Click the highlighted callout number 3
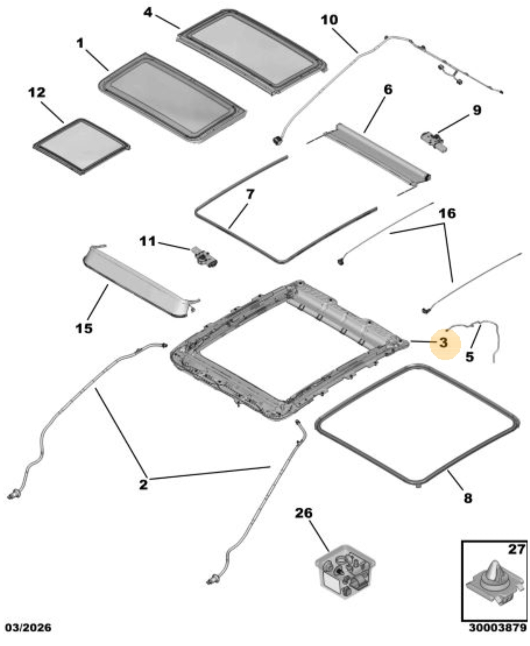pyautogui.click(x=443, y=343)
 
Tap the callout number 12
pyautogui.click(x=37, y=93)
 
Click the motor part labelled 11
pyautogui.click(x=204, y=257)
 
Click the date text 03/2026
pyautogui.click(x=28, y=628)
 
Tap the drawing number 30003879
pyautogui.click(x=498, y=628)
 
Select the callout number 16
pyautogui.click(x=447, y=214)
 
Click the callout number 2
pyautogui.click(x=143, y=484)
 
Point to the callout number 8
pyautogui.click(x=468, y=498)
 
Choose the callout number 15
pyautogui.click(x=84, y=328)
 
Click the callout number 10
pyautogui.click(x=329, y=20)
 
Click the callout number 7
pyautogui.click(x=250, y=194)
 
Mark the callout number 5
pyautogui.click(x=469, y=357)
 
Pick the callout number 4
pyautogui.click(x=148, y=12)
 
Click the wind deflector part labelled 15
pyautogui.click(x=139, y=281)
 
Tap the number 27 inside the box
pyautogui.click(x=517, y=549)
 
